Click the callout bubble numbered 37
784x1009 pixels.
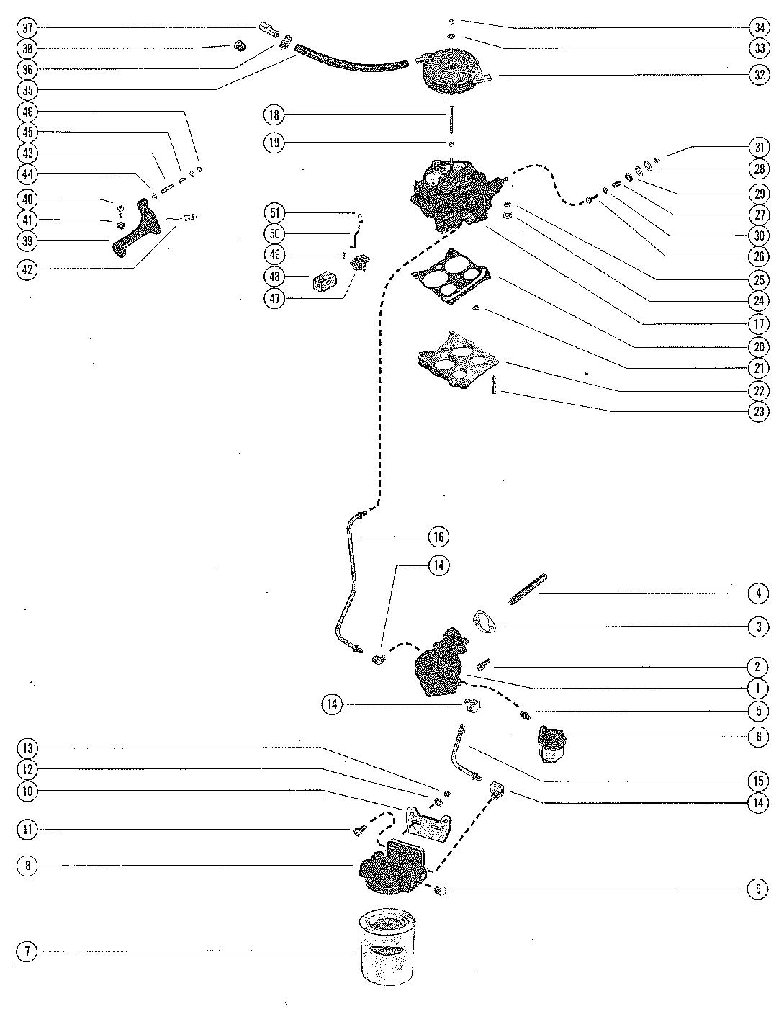coord(27,28)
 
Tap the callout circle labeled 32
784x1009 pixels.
coord(758,74)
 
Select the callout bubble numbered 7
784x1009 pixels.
coord(27,952)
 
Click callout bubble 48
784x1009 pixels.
coord(274,277)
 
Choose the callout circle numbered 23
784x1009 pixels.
coord(758,412)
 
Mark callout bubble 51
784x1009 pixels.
coord(274,213)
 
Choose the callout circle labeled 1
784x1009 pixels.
coord(758,689)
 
